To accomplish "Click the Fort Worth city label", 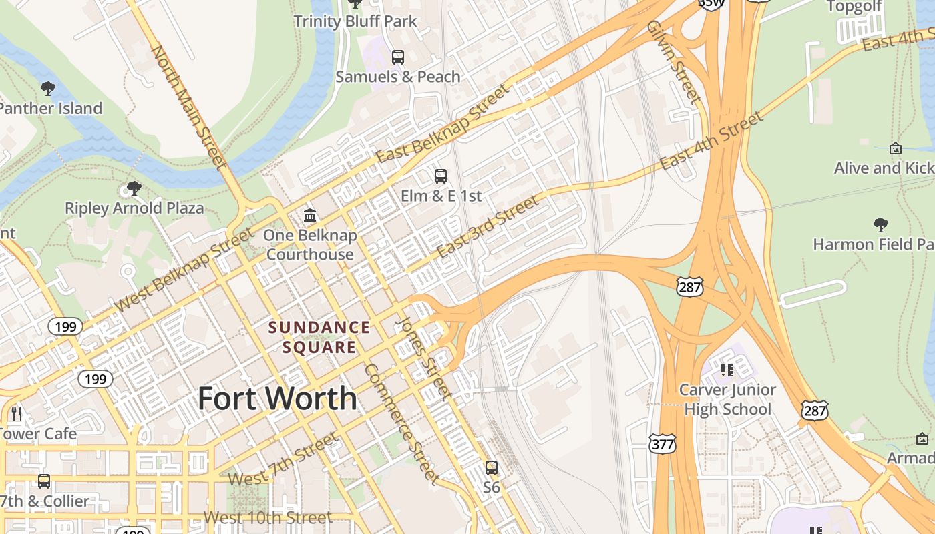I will point(277,398).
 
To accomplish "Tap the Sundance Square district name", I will point(319,337).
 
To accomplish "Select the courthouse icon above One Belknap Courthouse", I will point(310,215).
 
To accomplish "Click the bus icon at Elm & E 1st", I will point(441,176).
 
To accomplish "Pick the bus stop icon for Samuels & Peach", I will point(398,57).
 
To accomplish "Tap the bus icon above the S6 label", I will point(492,467).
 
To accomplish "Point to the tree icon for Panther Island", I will point(48,88).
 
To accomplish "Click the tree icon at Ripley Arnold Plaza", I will point(134,188).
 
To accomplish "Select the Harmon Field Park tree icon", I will point(881,225).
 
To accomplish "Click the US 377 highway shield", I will point(662,443).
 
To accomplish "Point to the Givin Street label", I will point(674,61).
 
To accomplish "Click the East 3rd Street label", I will point(488,227).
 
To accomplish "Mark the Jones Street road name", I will point(423,357).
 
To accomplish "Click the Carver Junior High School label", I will point(727,399).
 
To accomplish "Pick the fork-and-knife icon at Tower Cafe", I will point(17,414).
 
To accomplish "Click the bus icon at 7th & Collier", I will point(44,481).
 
